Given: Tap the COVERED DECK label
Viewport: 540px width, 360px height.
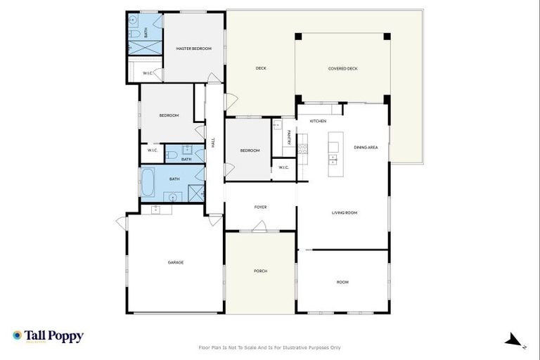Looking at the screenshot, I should [x=342, y=68].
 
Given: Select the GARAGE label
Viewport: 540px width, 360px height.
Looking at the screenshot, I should [x=175, y=262].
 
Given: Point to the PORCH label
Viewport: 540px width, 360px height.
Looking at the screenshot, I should [x=260, y=271].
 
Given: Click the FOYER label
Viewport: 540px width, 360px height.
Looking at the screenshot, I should [x=260, y=207].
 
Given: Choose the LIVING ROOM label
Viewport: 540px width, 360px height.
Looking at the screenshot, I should [x=345, y=212].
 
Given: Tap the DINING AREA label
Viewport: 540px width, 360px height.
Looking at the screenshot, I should [x=366, y=147].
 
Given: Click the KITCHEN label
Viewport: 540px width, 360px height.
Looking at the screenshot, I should [x=318, y=121].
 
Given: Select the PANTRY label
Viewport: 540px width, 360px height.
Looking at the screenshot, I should [x=289, y=138].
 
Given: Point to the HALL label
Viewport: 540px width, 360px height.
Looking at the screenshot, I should [x=213, y=142].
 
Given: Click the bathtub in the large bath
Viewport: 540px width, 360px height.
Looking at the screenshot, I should [x=149, y=182].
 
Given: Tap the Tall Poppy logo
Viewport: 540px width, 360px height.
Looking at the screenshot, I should [x=48, y=336].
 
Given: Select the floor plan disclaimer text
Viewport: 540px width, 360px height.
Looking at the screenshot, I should [x=270, y=347].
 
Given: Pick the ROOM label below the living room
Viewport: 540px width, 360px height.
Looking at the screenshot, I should [x=342, y=282].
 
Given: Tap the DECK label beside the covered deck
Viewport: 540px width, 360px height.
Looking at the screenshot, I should [x=260, y=68].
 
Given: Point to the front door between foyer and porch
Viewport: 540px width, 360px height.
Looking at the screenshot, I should [x=259, y=227].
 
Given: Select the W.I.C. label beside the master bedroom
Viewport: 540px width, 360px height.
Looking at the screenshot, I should [x=148, y=73].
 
